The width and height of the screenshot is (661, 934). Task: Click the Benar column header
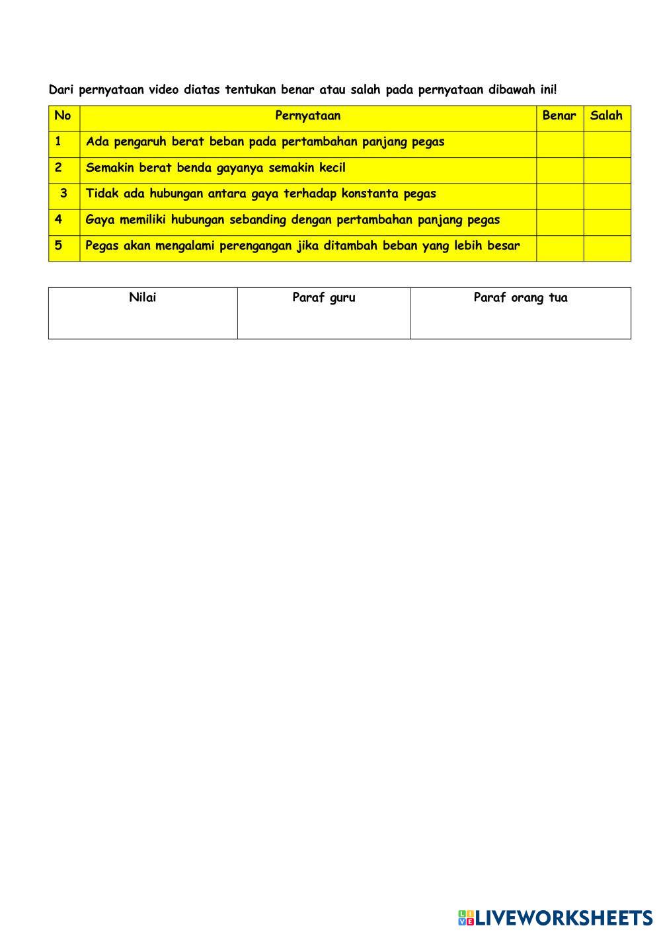coord(559,116)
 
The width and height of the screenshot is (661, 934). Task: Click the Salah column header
coord(606,116)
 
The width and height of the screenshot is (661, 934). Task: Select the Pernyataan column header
coord(307,116)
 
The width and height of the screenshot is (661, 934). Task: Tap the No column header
coord(63,116)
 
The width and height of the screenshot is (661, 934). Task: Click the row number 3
coord(63,194)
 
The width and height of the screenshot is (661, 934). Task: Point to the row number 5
coord(59,246)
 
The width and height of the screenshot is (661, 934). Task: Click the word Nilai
coord(143,298)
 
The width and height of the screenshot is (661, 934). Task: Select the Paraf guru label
coord(324,298)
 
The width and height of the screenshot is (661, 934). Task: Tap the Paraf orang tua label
coord(520,298)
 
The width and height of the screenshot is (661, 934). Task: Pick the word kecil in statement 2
coord(332,168)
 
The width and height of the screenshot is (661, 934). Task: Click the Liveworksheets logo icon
coord(466,917)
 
